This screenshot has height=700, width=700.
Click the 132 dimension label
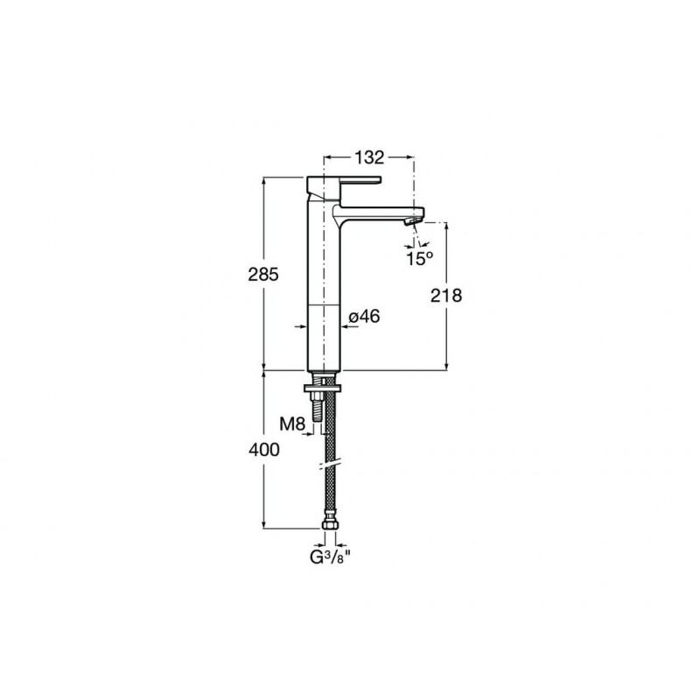(x=369, y=157)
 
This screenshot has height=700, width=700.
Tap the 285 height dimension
(x=263, y=274)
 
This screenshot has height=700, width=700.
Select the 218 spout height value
(x=446, y=295)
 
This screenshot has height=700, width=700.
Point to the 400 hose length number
(x=264, y=450)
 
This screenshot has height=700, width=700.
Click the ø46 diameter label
(x=364, y=317)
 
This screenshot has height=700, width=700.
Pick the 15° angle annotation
(x=420, y=258)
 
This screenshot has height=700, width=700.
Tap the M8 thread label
(x=292, y=423)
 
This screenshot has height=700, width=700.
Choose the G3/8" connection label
(x=331, y=557)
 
